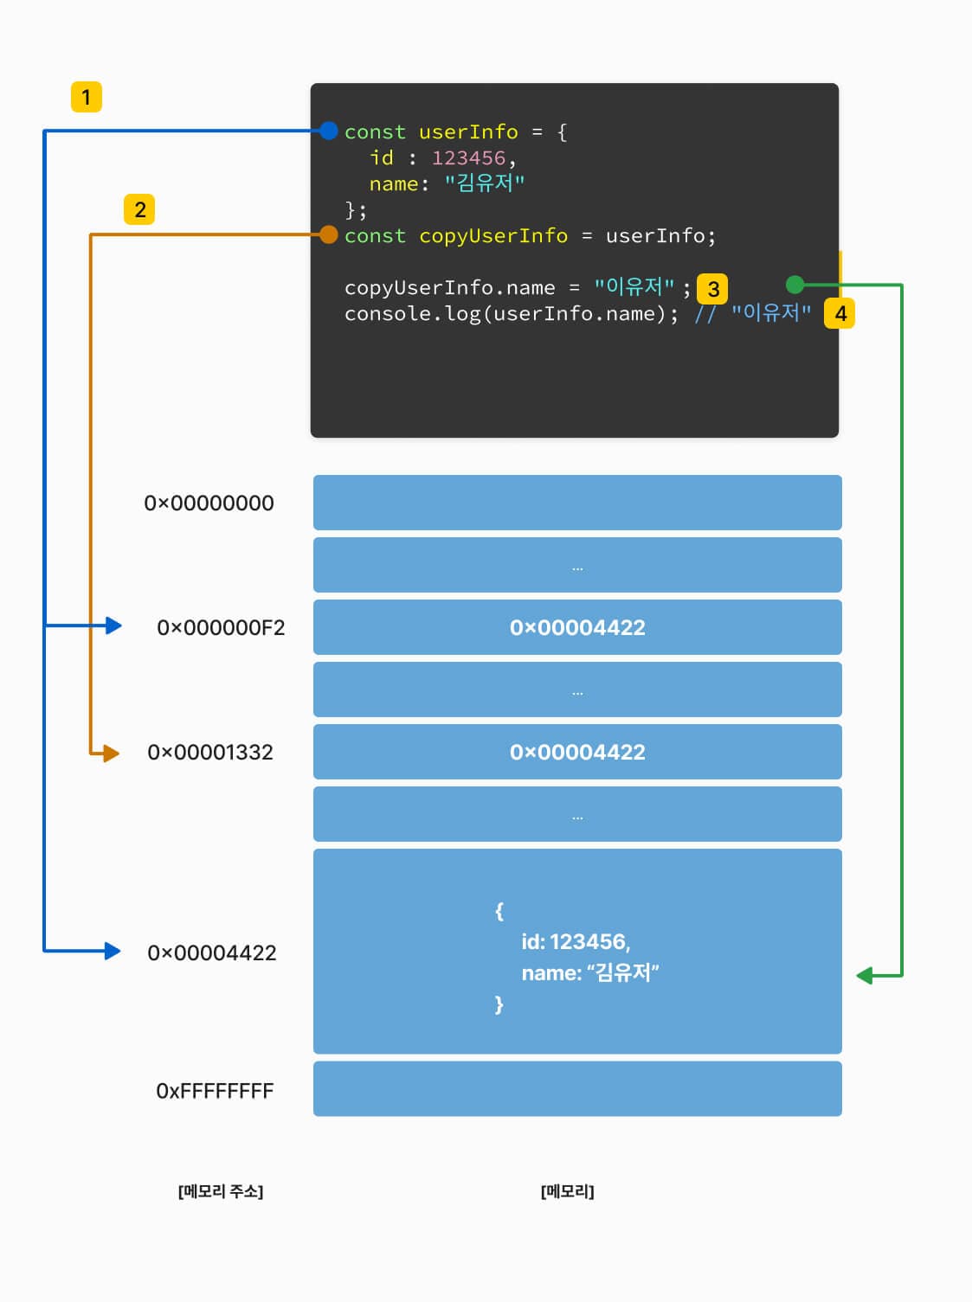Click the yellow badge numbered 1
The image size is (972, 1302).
(x=87, y=97)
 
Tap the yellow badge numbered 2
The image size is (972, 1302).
(x=139, y=209)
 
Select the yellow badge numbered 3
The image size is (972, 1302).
(x=712, y=289)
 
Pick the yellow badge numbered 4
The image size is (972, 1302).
(x=840, y=313)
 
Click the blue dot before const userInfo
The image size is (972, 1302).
(x=329, y=131)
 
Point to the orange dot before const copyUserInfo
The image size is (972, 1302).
(x=329, y=234)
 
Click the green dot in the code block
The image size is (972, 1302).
(x=795, y=284)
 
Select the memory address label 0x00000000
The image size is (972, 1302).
(x=209, y=503)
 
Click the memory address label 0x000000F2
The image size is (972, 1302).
(x=221, y=627)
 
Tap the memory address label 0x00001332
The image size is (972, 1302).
(x=210, y=752)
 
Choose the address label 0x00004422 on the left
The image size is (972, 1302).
(x=212, y=952)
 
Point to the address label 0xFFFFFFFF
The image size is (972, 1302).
(x=215, y=1091)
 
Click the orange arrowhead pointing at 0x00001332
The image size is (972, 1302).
(x=111, y=754)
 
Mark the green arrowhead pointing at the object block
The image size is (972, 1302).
(x=865, y=976)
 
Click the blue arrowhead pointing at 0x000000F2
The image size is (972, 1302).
(x=113, y=625)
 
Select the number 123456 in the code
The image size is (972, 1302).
(x=468, y=157)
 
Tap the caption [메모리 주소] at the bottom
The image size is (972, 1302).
(x=221, y=1191)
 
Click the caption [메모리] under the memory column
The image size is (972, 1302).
(x=567, y=1191)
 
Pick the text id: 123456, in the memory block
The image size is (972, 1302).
(x=576, y=941)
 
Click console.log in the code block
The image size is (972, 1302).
(x=412, y=313)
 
